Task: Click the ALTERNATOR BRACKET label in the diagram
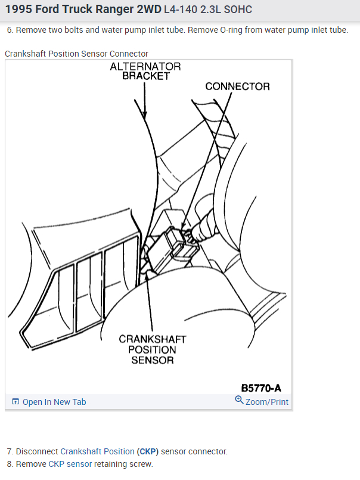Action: pyautogui.click(x=145, y=72)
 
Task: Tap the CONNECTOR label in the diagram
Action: pyautogui.click(x=237, y=86)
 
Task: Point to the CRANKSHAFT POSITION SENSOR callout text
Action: pyautogui.click(x=153, y=349)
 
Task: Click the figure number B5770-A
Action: pyautogui.click(x=261, y=388)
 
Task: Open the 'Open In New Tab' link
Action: pyautogui.click(x=54, y=402)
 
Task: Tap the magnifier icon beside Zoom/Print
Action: pyautogui.click(x=240, y=400)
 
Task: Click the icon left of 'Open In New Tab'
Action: pyautogui.click(x=15, y=402)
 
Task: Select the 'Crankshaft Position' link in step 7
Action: pyautogui.click(x=97, y=451)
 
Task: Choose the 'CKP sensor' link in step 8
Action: pyautogui.click(x=70, y=464)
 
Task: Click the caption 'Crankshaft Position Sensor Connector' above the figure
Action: pyautogui.click(x=76, y=54)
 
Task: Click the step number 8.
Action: pyautogui.click(x=10, y=464)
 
